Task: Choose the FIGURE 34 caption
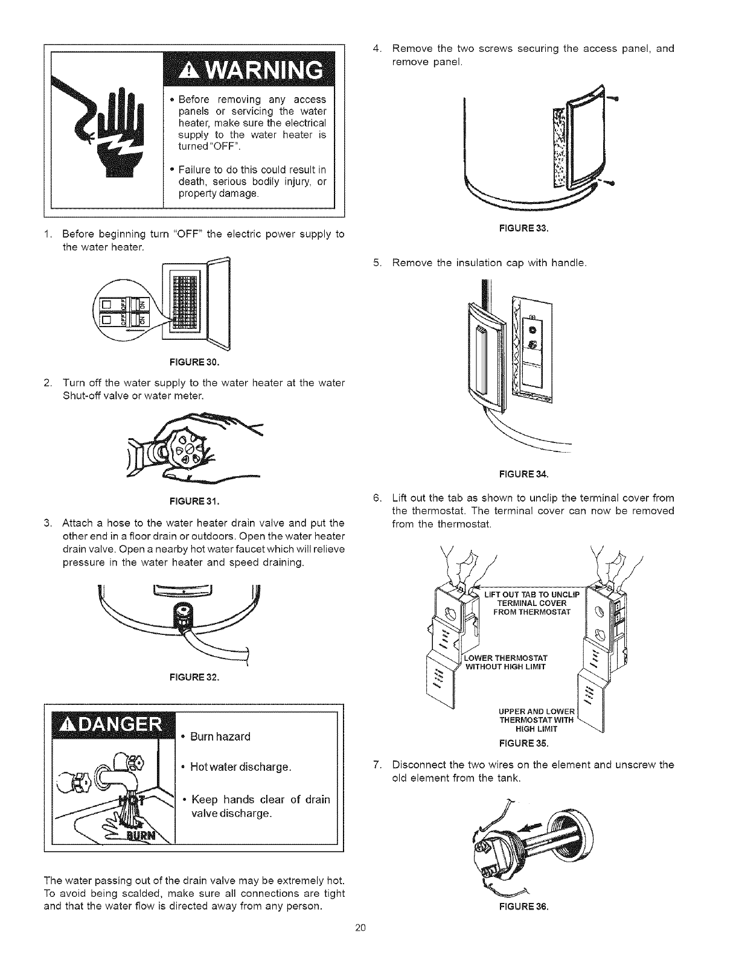pos(523,474)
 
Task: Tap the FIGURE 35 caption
pos(523,742)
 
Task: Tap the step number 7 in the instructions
pos(376,765)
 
